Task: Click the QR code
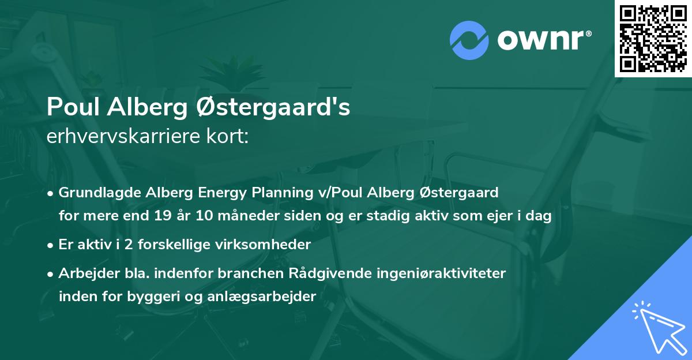[653, 38]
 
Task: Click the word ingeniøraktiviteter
[441, 273]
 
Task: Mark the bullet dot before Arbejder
[51, 273]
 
